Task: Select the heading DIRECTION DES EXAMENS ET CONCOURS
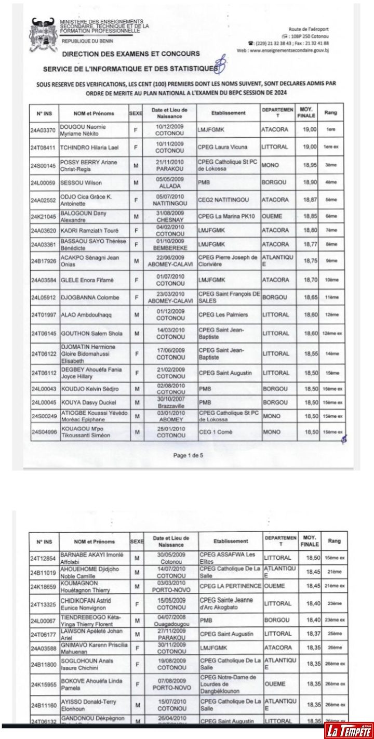130,54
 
